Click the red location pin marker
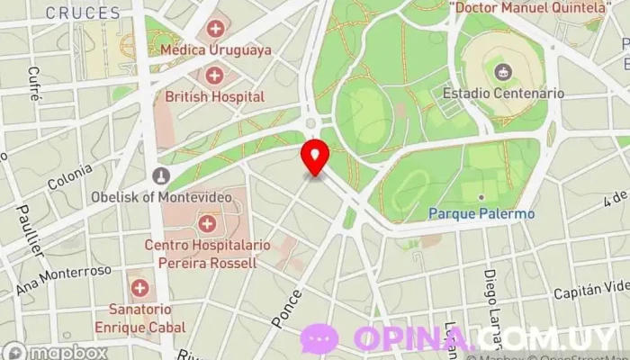coord(315,157)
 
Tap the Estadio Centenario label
coord(503,93)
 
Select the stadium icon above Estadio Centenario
coord(503,71)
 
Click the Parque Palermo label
coord(481,213)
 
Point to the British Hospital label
coord(215,96)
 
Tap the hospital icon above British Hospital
coord(215,75)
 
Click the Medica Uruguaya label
coord(216,50)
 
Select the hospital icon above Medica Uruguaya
coord(216,29)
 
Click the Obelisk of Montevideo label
coord(162,195)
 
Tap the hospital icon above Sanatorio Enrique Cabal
coord(139,288)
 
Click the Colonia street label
coord(70,176)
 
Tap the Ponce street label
coord(286,309)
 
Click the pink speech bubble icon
coord(319,338)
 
